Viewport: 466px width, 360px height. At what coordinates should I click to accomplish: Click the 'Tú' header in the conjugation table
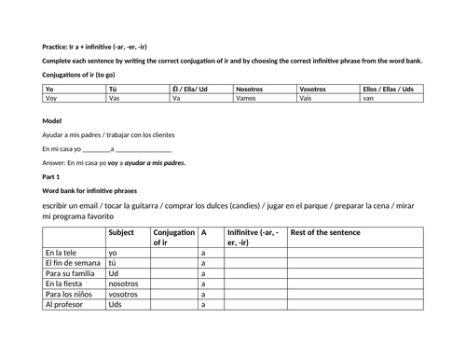click(x=113, y=89)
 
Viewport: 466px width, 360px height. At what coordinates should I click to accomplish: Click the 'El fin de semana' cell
click(x=72, y=265)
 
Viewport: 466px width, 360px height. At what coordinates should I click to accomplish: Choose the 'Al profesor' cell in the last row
click(x=64, y=304)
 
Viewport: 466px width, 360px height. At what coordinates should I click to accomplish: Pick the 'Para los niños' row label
click(x=68, y=291)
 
